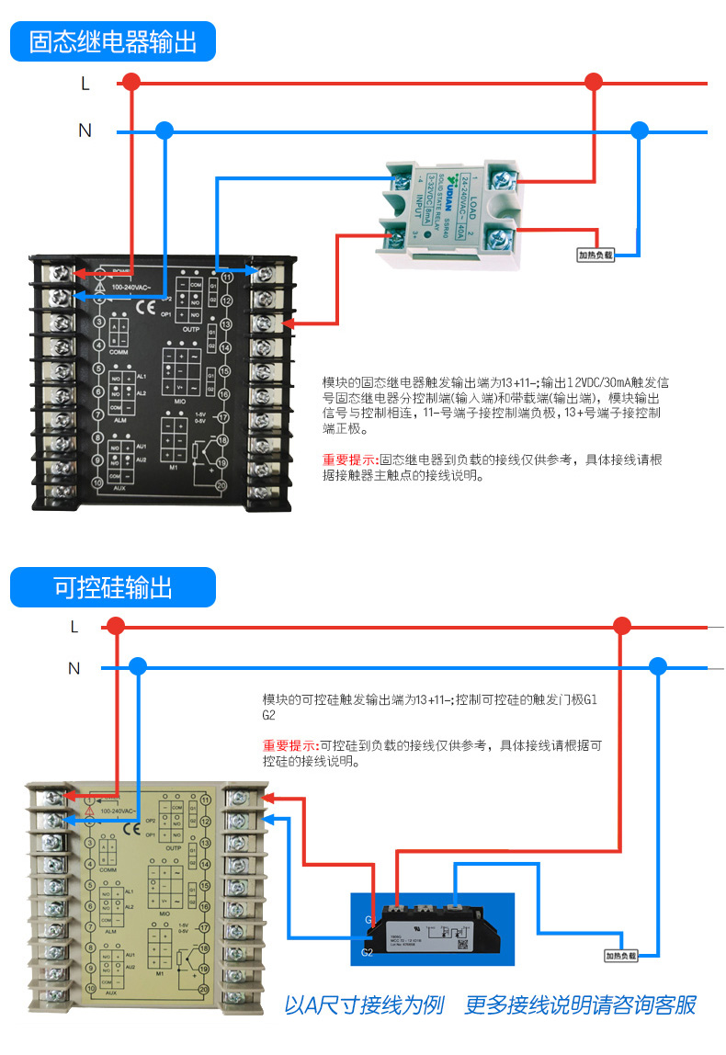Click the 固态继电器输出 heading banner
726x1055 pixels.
[x=112, y=42]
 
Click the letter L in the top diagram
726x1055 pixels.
[x=85, y=84]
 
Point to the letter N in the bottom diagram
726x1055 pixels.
[x=74, y=668]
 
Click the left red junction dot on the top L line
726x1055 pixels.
[x=132, y=83]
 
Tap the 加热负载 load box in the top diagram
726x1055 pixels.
[x=595, y=255]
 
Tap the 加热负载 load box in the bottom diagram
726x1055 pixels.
[x=620, y=956]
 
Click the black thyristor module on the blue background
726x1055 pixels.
[x=432, y=928]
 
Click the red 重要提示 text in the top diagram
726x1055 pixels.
[x=349, y=459]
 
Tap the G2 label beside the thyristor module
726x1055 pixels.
[x=367, y=952]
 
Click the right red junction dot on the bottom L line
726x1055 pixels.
[x=622, y=627]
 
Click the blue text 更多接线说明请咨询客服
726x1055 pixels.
[x=580, y=1004]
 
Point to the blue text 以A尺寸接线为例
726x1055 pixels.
[x=364, y=1004]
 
